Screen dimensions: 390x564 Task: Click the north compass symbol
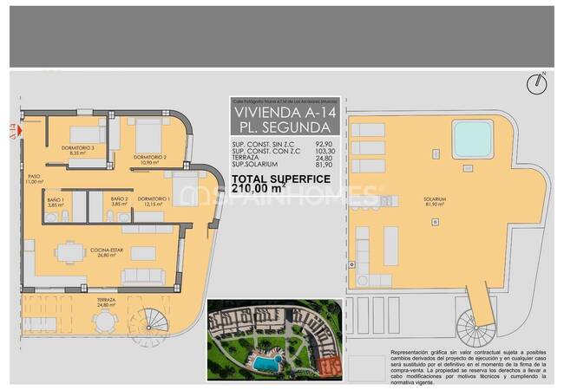(x=538, y=83)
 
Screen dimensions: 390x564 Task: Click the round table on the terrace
(x=104, y=322)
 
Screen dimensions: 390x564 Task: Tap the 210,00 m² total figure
(x=259, y=186)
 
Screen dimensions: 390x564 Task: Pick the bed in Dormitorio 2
(x=148, y=135)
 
